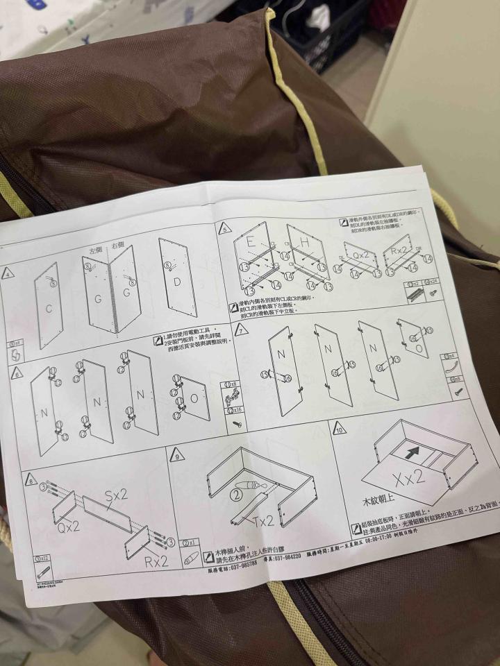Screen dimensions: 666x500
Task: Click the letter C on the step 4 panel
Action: pos(48,309)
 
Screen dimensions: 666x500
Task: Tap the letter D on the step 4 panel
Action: pos(176,282)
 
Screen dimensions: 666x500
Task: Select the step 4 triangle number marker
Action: pos(8,273)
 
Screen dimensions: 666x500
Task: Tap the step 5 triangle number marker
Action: pos(224,228)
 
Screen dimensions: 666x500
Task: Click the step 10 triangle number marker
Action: pos(340,429)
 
